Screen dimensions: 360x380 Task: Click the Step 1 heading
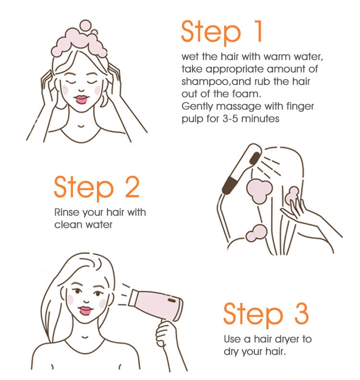(221, 32)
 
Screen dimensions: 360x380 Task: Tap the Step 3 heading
(266, 314)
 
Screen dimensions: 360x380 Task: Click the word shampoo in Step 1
(205, 82)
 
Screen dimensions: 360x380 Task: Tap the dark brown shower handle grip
(229, 185)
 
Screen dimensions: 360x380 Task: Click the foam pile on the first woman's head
(79, 45)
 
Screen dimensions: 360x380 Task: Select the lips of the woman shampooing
(81, 99)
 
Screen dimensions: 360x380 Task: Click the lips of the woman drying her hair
(85, 310)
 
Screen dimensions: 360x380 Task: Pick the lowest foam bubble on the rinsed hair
(256, 233)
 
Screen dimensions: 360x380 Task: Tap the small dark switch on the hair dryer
(172, 301)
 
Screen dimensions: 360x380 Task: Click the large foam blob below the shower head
(259, 191)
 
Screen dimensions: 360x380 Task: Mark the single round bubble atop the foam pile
(85, 26)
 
